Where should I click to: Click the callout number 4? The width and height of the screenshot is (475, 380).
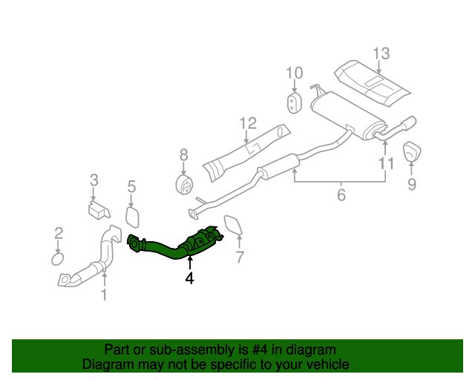point(189,278)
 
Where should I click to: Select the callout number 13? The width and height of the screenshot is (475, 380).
point(381,53)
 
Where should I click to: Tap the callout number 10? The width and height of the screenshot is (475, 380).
point(295,73)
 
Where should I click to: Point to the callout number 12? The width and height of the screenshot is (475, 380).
point(247,123)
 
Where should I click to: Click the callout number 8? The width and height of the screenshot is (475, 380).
point(183,155)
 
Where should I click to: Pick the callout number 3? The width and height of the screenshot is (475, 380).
point(94,179)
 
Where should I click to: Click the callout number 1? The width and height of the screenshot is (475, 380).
point(104,295)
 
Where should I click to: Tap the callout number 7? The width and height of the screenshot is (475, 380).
point(240,258)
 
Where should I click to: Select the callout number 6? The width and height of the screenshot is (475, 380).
point(341,196)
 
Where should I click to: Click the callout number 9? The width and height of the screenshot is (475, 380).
point(411,183)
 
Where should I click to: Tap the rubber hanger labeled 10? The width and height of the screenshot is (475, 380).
point(294,102)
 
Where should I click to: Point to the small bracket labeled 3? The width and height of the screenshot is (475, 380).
point(96,209)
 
